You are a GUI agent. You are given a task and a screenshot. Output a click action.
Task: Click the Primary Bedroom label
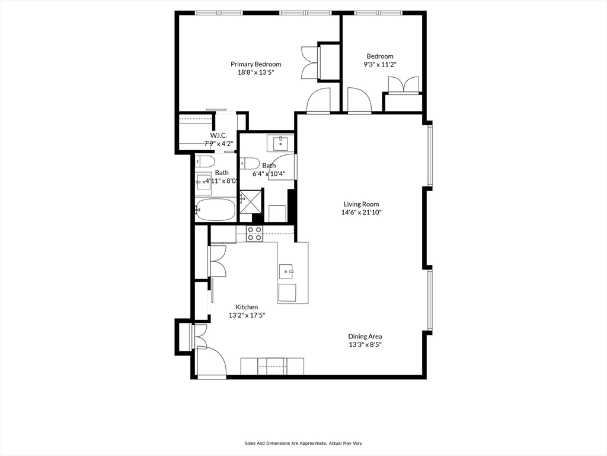click(x=255, y=64)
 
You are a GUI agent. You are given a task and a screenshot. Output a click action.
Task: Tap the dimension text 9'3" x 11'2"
click(x=379, y=65)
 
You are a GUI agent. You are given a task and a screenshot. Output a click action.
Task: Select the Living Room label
click(x=361, y=204)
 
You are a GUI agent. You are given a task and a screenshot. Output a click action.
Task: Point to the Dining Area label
click(x=365, y=336)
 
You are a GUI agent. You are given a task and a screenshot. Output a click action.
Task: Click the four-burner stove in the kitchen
click(x=255, y=233)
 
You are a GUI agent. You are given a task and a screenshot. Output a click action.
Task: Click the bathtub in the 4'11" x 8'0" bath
click(x=215, y=210)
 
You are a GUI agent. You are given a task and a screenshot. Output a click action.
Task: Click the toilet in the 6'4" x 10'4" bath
click(x=249, y=163)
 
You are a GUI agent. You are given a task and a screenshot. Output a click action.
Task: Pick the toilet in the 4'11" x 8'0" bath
click(x=206, y=161)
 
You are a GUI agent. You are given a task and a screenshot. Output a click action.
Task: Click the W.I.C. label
click(x=219, y=135)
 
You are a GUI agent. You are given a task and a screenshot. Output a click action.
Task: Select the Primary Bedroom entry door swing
click(x=318, y=100)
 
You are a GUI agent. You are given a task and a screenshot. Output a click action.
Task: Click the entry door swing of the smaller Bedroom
click(x=359, y=100)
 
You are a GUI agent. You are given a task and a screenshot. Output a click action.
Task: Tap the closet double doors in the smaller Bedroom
click(x=404, y=84)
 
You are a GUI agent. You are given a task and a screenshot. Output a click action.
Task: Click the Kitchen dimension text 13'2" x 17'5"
click(x=247, y=315)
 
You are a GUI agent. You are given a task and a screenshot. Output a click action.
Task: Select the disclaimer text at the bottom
click(x=303, y=443)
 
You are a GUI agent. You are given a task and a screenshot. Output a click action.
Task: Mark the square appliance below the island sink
click(x=287, y=293)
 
